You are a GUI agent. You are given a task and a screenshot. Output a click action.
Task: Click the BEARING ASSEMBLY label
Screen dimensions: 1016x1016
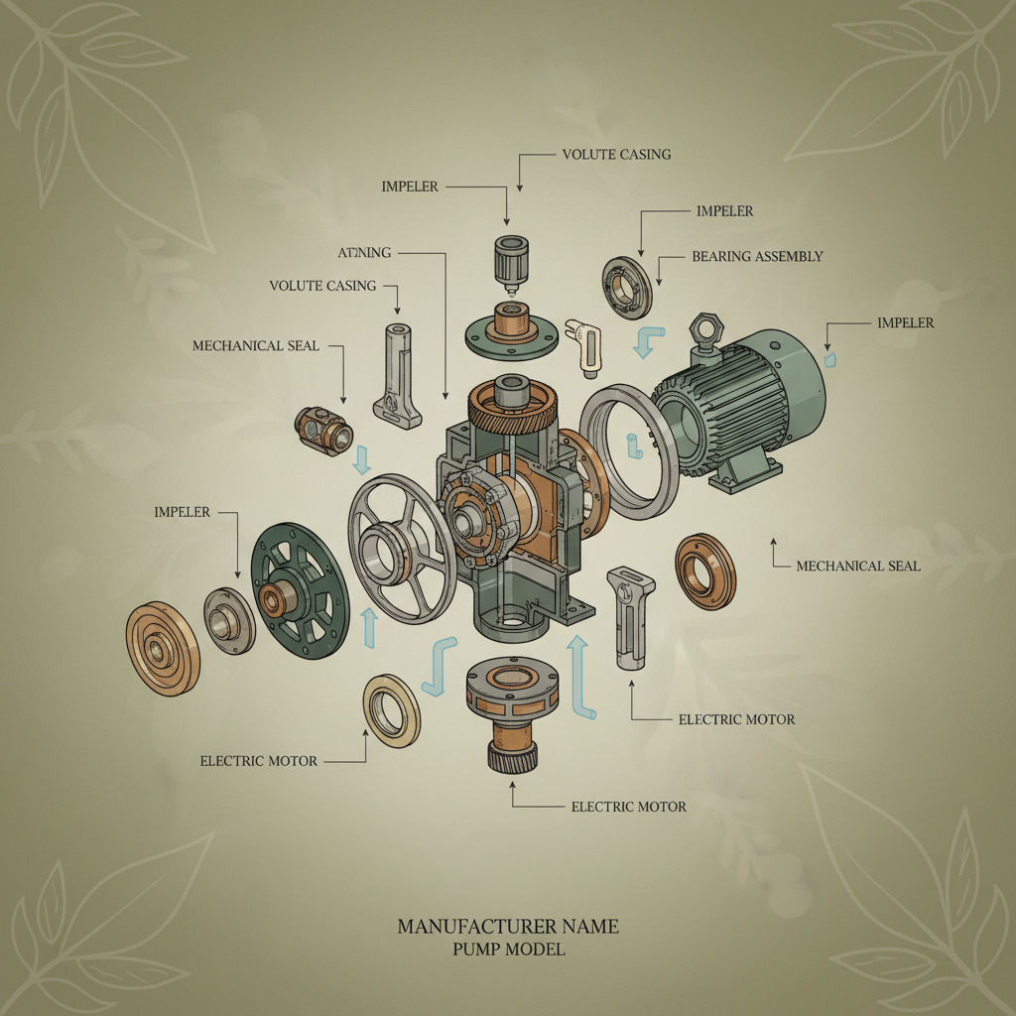(757, 257)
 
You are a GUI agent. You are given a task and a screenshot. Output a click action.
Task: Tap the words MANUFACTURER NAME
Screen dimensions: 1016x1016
(507, 927)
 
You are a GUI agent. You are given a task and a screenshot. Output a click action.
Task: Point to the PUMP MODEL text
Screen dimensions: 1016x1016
(507, 950)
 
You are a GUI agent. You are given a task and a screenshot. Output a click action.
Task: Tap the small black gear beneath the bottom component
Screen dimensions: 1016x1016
(512, 757)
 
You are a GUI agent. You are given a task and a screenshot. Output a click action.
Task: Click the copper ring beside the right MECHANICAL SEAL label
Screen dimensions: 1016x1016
(705, 571)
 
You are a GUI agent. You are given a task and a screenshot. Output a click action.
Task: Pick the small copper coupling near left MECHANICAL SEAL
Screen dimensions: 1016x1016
(323, 432)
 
